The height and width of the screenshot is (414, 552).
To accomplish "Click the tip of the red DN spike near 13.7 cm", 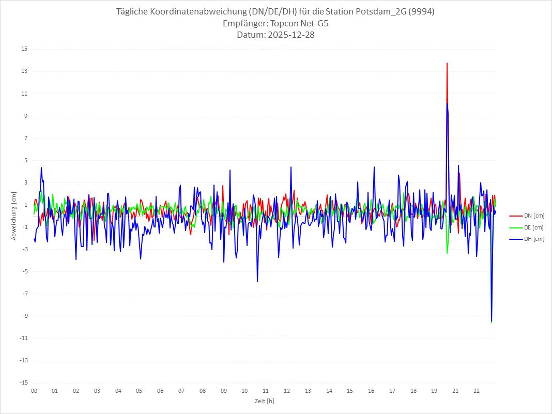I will coord(447,63).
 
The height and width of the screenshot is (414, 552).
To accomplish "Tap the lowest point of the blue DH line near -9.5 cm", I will coord(492,321).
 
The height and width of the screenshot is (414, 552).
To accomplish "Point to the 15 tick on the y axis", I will coord(24,49).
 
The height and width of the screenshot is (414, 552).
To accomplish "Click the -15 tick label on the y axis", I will coord(23,383).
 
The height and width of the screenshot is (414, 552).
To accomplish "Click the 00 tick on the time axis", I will coord(34,391).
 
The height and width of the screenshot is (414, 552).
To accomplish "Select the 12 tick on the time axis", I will coord(287,391).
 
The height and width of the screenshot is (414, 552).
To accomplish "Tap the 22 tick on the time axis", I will coord(477,391).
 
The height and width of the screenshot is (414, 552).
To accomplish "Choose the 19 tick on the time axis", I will coord(434,391).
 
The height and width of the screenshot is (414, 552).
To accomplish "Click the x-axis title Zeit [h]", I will coord(264,401).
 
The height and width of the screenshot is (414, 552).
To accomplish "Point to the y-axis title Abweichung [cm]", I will coord(14,216).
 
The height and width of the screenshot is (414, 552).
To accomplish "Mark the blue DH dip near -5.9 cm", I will coord(257,282).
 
